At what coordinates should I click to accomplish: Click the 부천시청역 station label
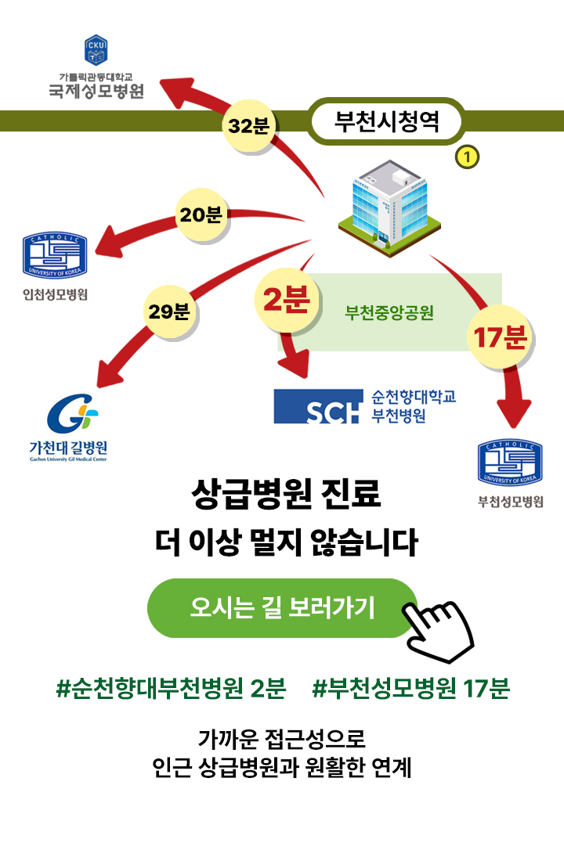point(386,122)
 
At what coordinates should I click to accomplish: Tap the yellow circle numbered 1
point(467,157)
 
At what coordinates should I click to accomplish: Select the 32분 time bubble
point(248,125)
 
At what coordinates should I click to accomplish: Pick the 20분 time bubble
point(201,215)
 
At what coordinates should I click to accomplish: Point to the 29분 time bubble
point(169,312)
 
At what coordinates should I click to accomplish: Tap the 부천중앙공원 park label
point(389,314)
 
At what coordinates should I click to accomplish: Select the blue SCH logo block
point(317,405)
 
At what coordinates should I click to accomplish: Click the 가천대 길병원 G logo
point(71,416)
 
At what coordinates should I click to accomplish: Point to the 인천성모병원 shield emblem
point(55,255)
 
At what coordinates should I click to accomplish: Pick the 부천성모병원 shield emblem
point(510,463)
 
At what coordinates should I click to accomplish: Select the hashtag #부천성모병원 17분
point(410,690)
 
